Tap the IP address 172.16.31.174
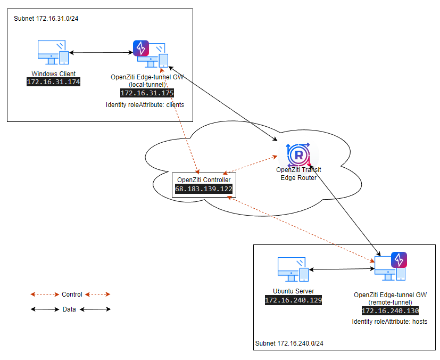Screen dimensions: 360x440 (53, 82)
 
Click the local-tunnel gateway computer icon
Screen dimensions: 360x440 (152, 55)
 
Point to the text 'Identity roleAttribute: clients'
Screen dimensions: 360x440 (145, 105)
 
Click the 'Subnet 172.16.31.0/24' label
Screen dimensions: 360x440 (42, 19)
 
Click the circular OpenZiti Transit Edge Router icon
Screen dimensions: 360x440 (298, 155)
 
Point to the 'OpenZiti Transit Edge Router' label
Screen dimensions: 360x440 (298, 174)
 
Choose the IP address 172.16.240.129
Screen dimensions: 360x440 (294, 300)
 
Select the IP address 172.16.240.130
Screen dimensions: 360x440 (391, 311)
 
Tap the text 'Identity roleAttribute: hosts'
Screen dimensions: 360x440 (390, 322)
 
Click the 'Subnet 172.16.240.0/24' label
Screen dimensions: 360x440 (289, 343)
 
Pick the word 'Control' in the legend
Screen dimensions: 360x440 (72, 294)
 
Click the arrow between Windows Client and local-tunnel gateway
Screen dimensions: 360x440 (101, 52)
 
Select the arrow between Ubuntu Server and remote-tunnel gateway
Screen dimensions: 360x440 (341, 269)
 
